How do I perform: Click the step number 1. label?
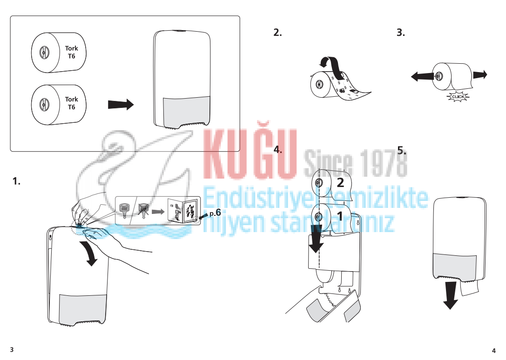(x=16, y=181)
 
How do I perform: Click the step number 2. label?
(x=277, y=32)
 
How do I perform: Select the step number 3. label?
(x=401, y=32)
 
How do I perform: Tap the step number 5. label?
(x=402, y=150)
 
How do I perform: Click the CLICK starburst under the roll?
(x=458, y=97)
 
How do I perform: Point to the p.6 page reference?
(x=215, y=213)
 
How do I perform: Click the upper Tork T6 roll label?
(x=71, y=52)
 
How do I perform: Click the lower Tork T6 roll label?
(x=71, y=103)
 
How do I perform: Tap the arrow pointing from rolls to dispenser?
(x=121, y=105)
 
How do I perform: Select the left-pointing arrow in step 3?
(x=422, y=77)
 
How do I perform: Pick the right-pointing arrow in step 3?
(x=480, y=75)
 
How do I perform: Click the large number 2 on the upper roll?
(x=340, y=183)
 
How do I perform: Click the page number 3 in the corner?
(x=12, y=349)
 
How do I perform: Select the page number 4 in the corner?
(x=494, y=351)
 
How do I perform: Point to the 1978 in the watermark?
(x=383, y=163)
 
